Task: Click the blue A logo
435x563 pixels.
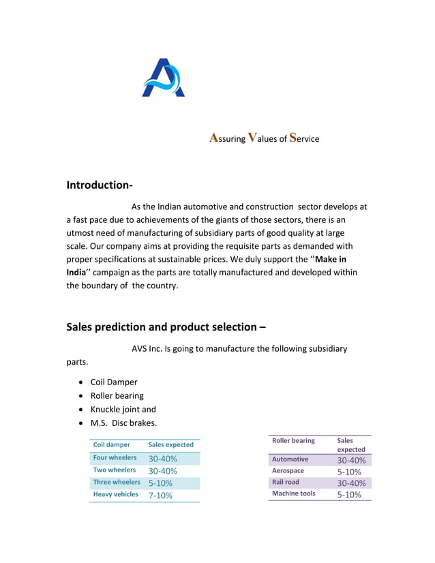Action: (x=163, y=78)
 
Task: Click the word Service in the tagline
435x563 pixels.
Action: (x=304, y=138)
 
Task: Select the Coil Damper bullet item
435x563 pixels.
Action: (x=114, y=382)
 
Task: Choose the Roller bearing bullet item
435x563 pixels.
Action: (x=117, y=395)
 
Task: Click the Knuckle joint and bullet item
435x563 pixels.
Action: (x=123, y=409)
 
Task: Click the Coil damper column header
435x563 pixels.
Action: (x=111, y=444)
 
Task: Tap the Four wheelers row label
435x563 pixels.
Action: (x=115, y=458)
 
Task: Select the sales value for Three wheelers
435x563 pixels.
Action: (x=160, y=483)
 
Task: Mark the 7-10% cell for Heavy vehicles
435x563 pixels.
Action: (x=160, y=496)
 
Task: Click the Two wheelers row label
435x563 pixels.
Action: (x=114, y=470)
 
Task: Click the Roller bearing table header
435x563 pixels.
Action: (x=293, y=441)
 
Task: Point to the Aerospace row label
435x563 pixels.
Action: (x=288, y=471)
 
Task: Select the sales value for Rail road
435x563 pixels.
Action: (x=351, y=483)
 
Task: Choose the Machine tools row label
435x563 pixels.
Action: (x=293, y=493)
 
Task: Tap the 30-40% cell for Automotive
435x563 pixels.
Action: (x=351, y=460)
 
